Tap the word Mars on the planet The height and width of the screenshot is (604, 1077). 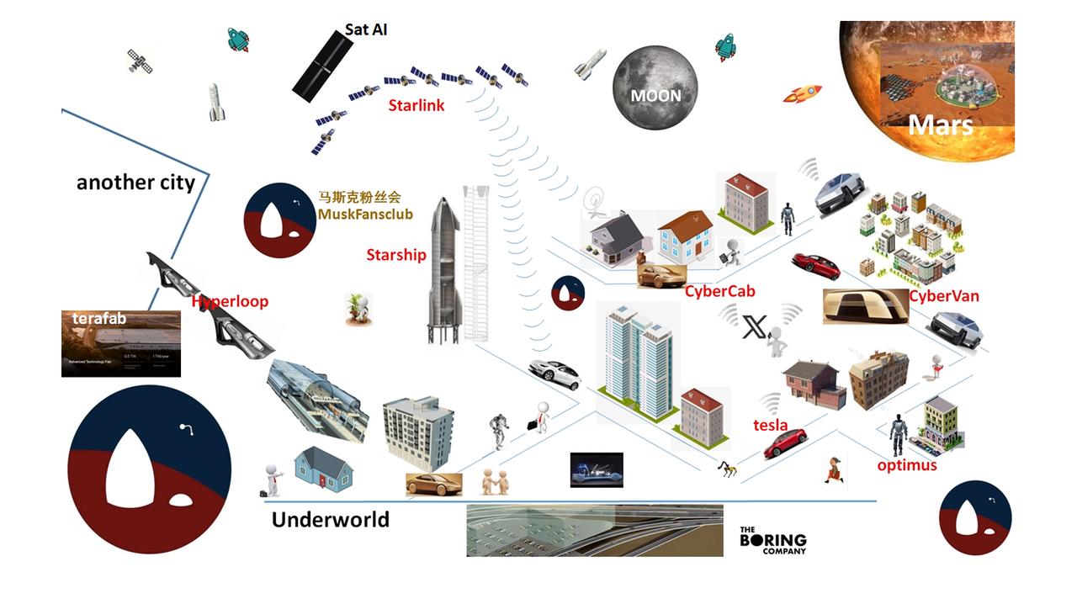[940, 125]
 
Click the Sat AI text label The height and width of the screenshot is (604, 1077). [366, 30]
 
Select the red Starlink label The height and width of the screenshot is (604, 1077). [416, 106]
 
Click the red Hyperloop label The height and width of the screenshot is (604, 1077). [230, 301]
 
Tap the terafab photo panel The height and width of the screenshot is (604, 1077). [120, 344]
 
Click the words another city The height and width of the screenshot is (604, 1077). [135, 183]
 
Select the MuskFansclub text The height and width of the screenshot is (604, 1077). [366, 215]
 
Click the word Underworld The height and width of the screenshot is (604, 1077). [330, 520]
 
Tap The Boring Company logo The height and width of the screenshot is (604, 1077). [772, 540]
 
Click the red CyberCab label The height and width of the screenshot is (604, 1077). [719, 292]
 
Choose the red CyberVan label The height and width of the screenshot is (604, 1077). [944, 296]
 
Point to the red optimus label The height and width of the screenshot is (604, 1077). [906, 465]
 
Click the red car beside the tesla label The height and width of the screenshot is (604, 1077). [785, 443]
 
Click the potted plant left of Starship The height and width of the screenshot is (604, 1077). [359, 309]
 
